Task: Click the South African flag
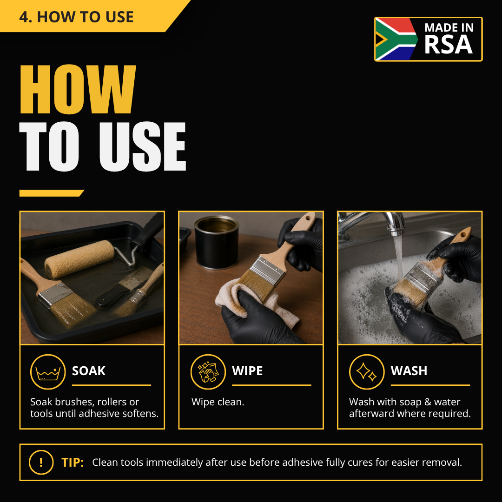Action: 396,39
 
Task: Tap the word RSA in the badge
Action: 448,45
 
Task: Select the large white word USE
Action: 143,146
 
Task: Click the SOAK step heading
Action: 89,371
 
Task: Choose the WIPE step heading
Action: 247,371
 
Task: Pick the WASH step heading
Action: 409,371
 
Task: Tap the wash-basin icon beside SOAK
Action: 48,372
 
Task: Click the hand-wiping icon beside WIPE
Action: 208,372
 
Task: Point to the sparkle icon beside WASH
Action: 367,372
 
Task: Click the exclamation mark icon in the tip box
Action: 41,462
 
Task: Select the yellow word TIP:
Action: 73,462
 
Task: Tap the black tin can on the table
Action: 217,242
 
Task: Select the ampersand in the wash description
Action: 428,402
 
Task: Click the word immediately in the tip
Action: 174,462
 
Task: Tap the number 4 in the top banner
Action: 24,17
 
